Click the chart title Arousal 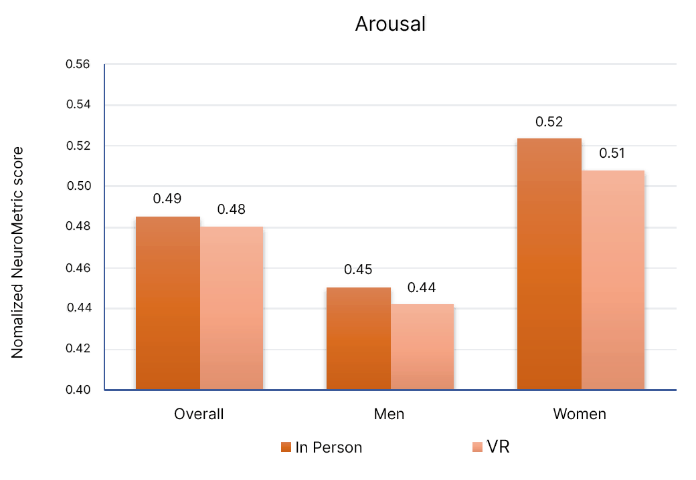pos(390,24)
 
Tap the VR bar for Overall pos(232,308)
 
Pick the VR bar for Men pos(422,347)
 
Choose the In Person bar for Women pos(549,264)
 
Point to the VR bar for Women pos(613,280)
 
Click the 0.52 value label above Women pos(549,122)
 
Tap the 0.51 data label pos(612,154)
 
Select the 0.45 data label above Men pos(358,270)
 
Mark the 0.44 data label pos(422,288)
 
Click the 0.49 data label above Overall pos(167,199)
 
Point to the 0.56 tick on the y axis pos(78,65)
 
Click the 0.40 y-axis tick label pos(78,390)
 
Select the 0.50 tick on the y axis pos(78,187)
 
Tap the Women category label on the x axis pos(580,414)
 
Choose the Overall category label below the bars pos(199,414)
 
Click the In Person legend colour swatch pos(286,447)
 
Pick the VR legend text pos(499,447)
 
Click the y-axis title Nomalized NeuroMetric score pos(18,253)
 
